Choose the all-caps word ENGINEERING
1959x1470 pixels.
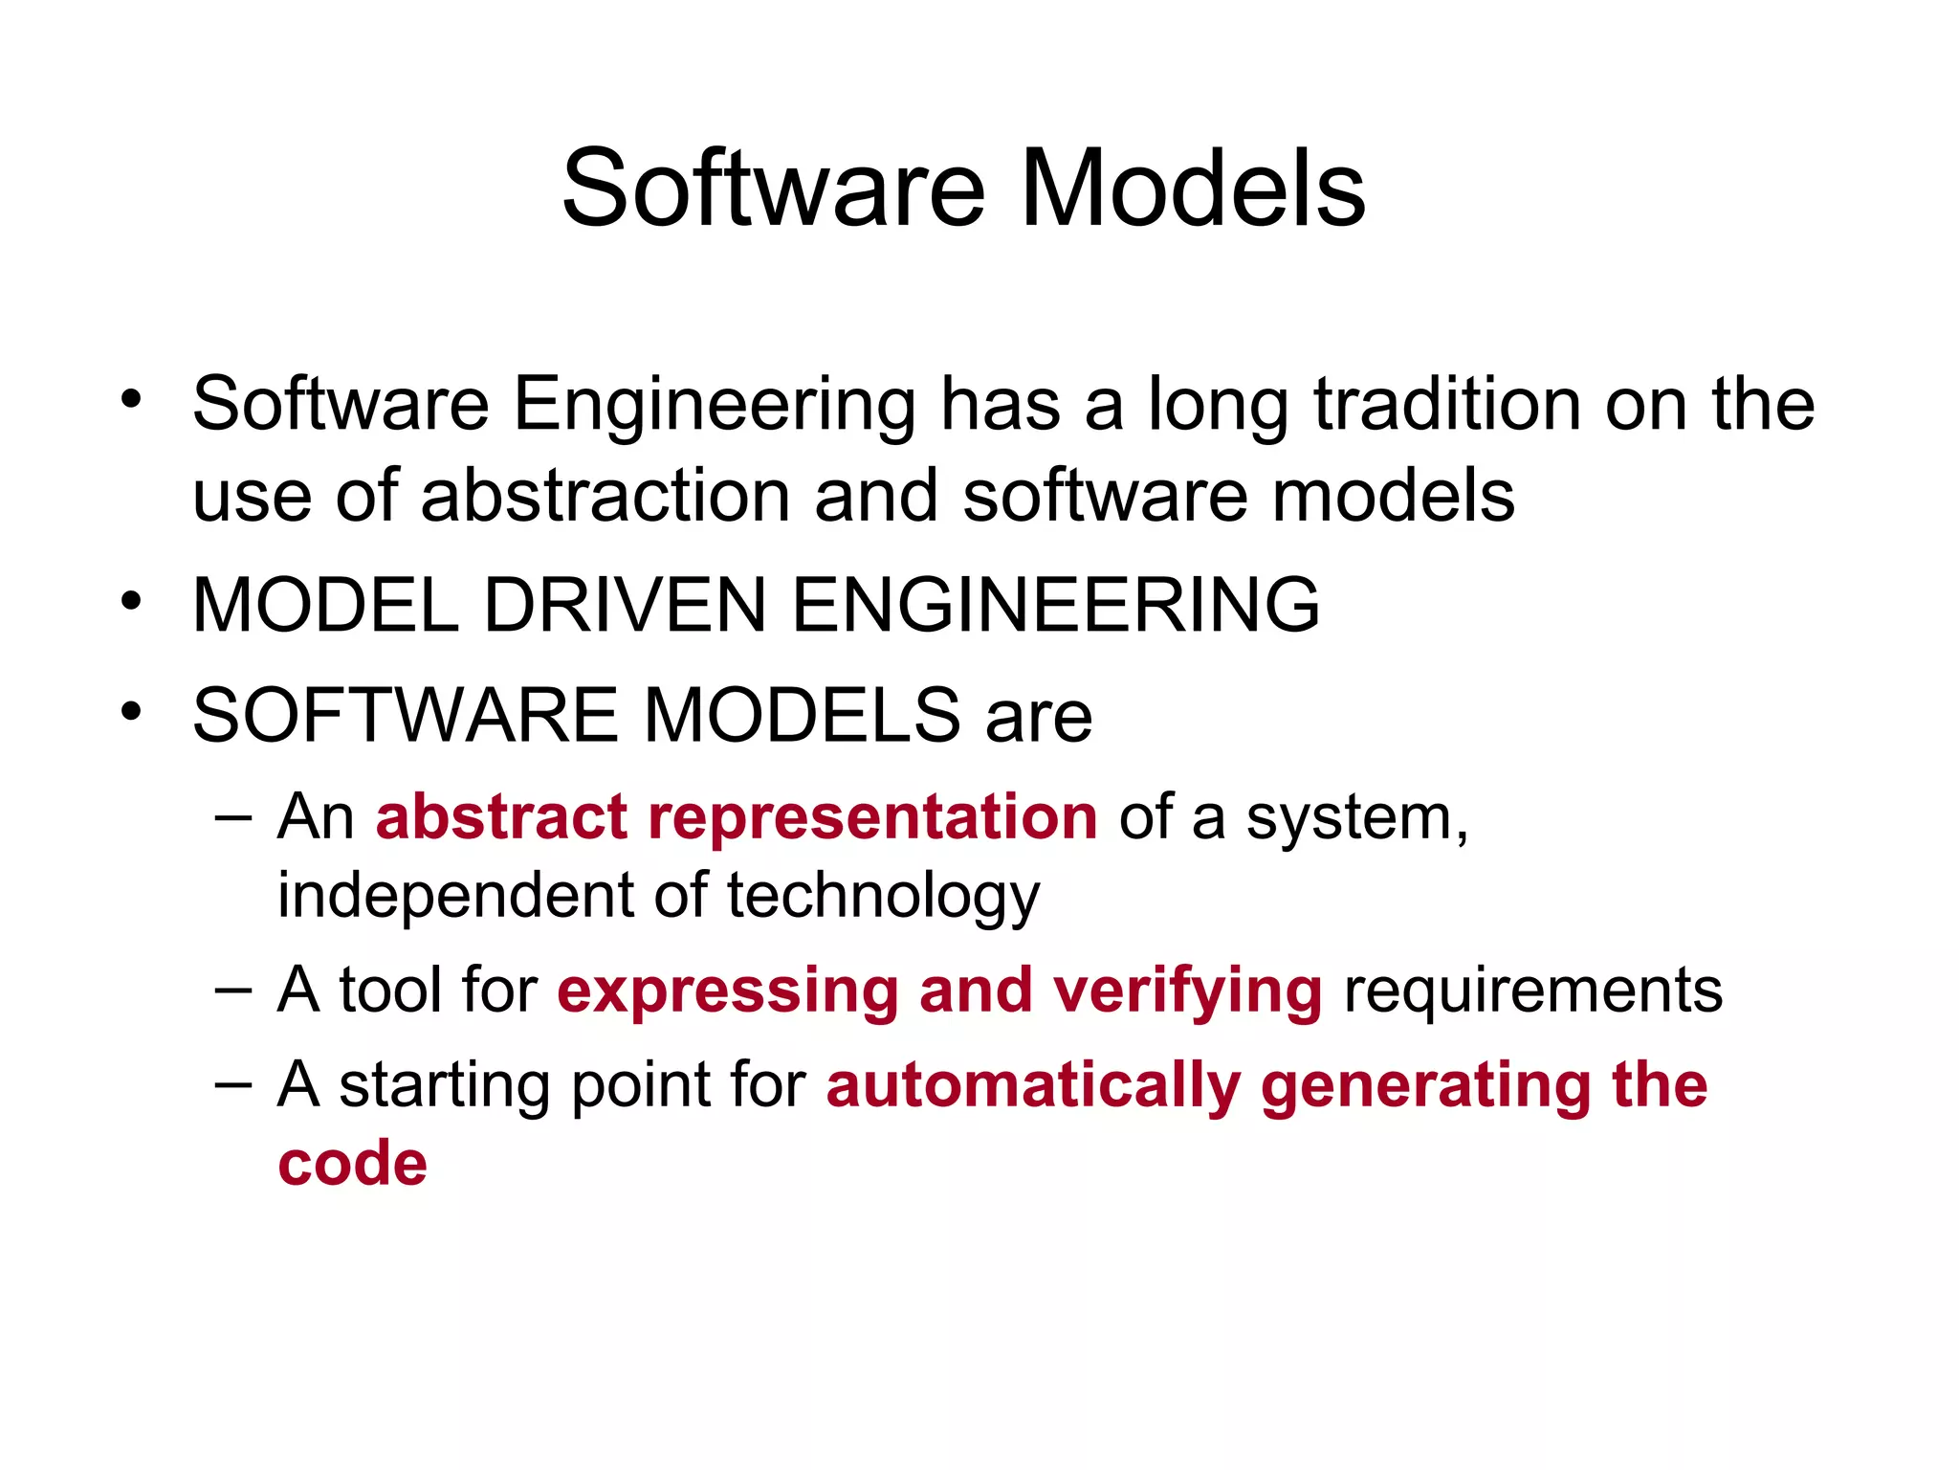pos(1056,605)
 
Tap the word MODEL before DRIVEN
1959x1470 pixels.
pos(326,605)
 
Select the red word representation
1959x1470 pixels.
pos(872,817)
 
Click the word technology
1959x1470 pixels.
pos(883,898)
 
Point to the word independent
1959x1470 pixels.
pos(454,896)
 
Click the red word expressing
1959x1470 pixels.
pos(728,991)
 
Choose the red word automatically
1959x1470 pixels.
pos(1033,1087)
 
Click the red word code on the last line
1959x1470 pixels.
pos(352,1164)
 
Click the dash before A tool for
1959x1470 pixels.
pos(233,990)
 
